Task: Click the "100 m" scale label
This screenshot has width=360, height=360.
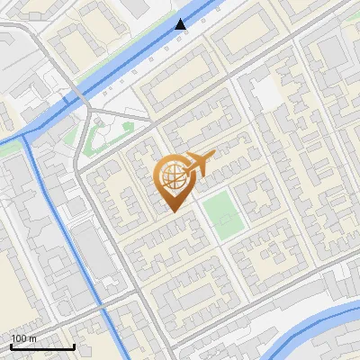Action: (x=24, y=338)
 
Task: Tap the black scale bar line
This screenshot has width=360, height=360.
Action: (x=42, y=346)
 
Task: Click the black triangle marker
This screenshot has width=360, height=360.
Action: (x=181, y=24)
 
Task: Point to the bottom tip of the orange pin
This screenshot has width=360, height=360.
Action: (x=172, y=211)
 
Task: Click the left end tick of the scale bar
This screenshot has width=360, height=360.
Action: (x=11, y=346)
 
